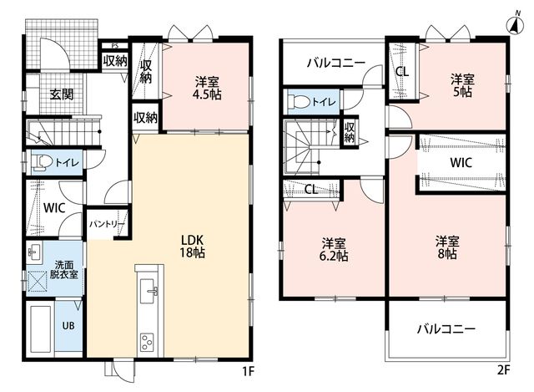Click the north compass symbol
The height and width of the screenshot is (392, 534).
(x=516, y=24)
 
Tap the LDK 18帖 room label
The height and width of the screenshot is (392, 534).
(x=192, y=246)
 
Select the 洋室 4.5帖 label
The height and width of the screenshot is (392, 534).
(x=207, y=88)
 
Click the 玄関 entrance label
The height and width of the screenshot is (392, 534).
(x=62, y=94)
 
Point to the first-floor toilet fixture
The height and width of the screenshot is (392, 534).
(x=41, y=161)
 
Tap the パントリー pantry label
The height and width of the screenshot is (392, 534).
(x=107, y=224)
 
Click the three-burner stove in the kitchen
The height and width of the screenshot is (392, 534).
(x=147, y=342)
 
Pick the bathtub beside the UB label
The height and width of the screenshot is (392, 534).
(x=41, y=328)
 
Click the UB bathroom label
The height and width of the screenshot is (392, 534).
(x=68, y=325)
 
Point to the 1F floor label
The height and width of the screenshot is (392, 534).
(x=249, y=371)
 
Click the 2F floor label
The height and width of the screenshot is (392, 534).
(x=504, y=369)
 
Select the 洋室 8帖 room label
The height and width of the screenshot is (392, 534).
(x=447, y=247)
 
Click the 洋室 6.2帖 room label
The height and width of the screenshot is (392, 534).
(x=334, y=249)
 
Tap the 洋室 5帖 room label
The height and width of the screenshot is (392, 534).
(x=462, y=85)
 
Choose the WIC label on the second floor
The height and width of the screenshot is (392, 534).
(x=461, y=163)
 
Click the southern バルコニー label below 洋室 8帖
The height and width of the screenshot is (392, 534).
(x=446, y=329)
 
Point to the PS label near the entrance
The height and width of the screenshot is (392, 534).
(x=115, y=46)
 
